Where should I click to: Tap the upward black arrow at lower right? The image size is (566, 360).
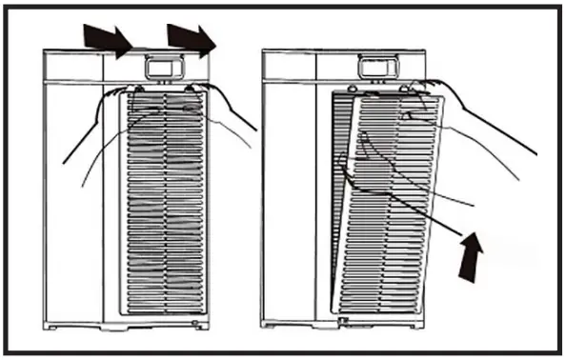pos(471,256)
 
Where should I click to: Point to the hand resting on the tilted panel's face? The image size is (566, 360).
pos(391,171)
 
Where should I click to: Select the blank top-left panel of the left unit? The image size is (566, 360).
pos(74,67)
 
